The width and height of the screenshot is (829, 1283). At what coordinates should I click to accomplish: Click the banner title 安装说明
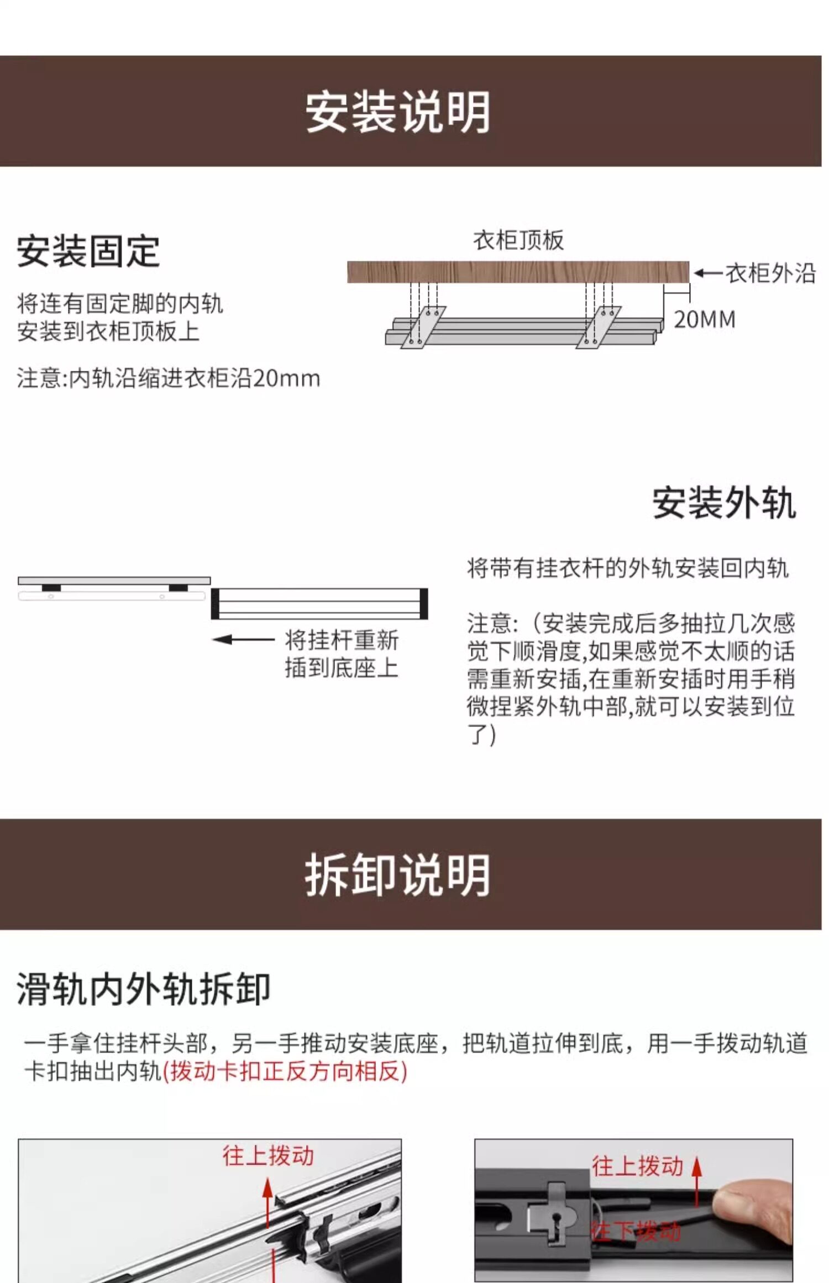(x=398, y=112)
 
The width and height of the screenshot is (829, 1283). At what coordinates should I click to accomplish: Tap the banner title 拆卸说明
(x=398, y=875)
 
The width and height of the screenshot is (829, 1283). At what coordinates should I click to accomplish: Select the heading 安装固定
(x=88, y=252)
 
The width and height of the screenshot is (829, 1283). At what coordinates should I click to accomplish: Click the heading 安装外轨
(x=724, y=503)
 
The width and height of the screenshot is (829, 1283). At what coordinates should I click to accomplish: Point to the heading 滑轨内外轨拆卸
(x=144, y=989)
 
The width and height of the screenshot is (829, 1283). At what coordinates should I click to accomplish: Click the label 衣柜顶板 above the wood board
(x=518, y=241)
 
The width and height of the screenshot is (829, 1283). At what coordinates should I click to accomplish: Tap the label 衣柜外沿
(x=770, y=274)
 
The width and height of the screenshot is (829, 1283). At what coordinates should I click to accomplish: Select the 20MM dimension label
(x=705, y=320)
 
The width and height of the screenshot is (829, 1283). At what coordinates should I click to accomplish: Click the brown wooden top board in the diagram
(x=518, y=272)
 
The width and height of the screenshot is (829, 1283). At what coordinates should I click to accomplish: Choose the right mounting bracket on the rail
(x=599, y=327)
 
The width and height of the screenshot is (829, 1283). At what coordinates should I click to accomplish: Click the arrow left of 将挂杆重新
(x=243, y=640)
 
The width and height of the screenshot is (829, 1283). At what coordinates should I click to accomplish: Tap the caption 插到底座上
(x=342, y=668)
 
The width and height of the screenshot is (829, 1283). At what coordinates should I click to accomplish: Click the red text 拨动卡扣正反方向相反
(x=285, y=1071)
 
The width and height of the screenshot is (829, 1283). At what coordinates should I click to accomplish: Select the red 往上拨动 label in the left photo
(x=268, y=1156)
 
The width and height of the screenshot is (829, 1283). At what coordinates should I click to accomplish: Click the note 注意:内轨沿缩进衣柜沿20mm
(x=169, y=379)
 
